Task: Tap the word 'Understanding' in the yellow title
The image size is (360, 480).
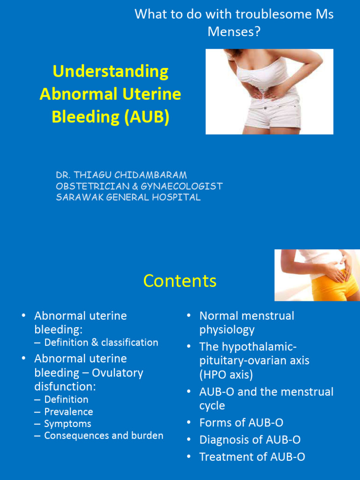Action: [x=111, y=72]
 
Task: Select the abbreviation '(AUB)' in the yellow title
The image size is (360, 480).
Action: [x=147, y=117]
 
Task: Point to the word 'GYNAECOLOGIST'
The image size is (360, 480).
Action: [x=184, y=186]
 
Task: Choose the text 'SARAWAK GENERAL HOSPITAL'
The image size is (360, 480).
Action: [x=128, y=197]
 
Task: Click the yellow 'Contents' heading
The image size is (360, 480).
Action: [x=180, y=281]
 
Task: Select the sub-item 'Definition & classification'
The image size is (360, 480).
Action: [x=101, y=343]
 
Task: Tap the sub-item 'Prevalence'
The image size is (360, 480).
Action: [x=68, y=412]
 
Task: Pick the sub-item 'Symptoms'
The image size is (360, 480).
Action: [x=67, y=424]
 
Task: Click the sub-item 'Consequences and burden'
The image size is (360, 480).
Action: [x=104, y=436]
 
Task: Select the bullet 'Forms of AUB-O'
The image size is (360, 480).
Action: [x=241, y=423]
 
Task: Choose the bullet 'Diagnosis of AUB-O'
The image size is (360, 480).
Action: [x=250, y=440]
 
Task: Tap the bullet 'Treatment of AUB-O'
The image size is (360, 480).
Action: [x=252, y=457]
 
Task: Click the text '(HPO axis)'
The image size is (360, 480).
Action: [x=226, y=375]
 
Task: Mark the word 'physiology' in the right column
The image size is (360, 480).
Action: [x=227, y=330]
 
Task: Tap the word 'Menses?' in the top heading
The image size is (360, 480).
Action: [x=234, y=32]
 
